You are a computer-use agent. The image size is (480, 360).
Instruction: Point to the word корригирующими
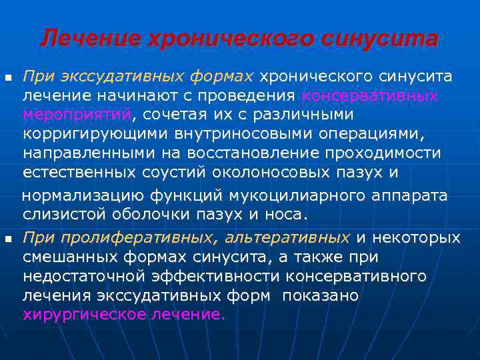click(x=89, y=133)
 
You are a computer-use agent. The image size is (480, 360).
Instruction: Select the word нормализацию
click(x=82, y=195)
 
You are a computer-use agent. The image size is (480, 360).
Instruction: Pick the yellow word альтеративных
click(x=287, y=238)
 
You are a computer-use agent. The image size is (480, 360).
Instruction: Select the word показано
click(x=320, y=295)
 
